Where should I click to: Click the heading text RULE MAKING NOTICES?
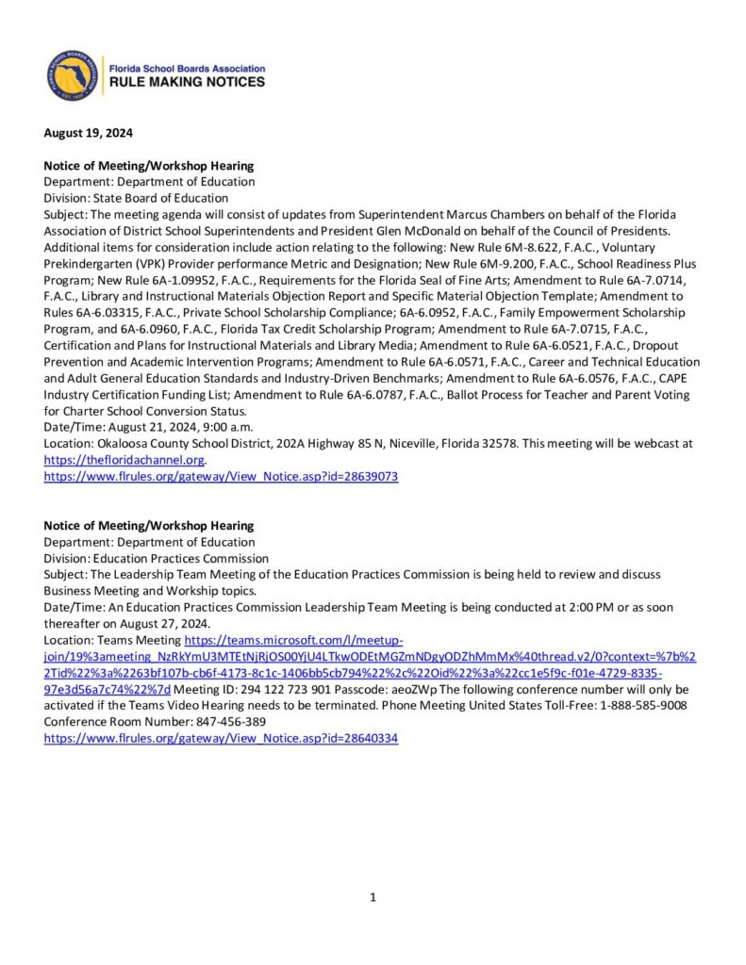188,83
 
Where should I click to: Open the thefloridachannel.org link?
124,460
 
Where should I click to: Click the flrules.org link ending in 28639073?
222,477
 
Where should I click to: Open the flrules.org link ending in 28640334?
222,738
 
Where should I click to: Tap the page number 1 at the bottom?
373,897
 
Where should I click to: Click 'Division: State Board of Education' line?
136,198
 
